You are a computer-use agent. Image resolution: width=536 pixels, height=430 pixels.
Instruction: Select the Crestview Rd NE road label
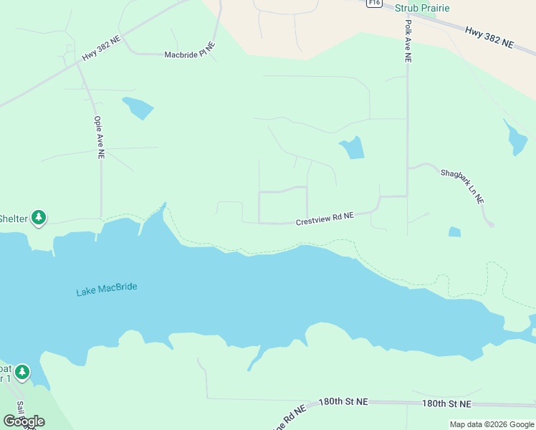point(325,219)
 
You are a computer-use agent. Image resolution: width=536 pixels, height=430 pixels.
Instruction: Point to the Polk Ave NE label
point(408,42)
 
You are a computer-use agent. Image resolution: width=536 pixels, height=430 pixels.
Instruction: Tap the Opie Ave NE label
point(98,138)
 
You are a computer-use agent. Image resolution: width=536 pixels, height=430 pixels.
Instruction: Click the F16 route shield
point(373,3)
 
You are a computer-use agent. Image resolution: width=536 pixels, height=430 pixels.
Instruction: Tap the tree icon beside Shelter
point(39,217)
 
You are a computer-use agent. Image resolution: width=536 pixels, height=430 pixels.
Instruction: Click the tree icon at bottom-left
point(23,371)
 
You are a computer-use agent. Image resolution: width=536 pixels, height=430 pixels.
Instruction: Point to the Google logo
point(24,421)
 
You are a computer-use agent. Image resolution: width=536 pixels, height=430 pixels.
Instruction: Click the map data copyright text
point(492,424)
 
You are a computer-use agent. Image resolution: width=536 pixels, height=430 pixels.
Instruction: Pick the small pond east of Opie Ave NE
point(138,107)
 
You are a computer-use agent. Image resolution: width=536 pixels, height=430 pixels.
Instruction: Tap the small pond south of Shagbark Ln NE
point(454,231)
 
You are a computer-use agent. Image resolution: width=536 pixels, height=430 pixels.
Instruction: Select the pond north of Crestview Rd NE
point(353,148)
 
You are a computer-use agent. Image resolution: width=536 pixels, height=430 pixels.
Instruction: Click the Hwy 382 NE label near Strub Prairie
point(489,37)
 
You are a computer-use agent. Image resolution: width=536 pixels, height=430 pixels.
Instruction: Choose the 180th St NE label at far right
point(446,403)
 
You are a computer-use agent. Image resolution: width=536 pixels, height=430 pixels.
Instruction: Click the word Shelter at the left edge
point(13,219)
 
